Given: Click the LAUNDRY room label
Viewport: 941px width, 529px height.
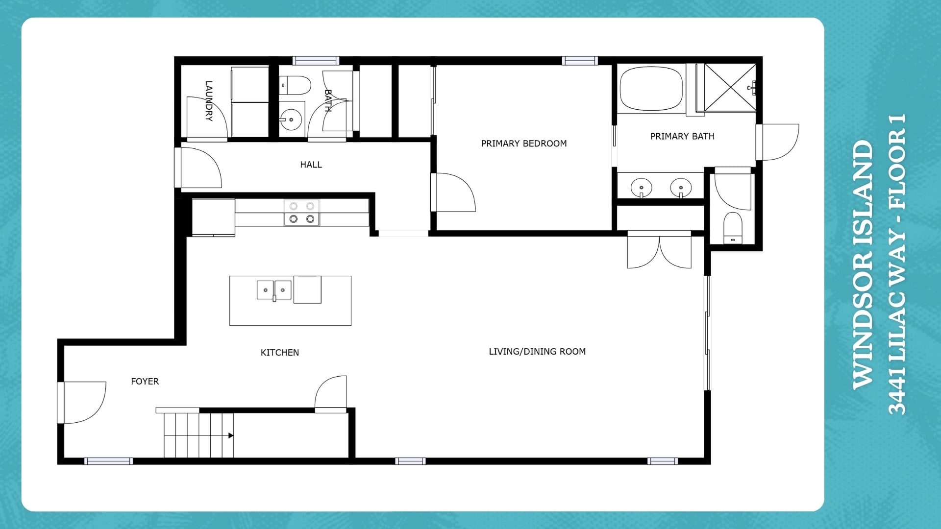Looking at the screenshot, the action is click(x=209, y=101).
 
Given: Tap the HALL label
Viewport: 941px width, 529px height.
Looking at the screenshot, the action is click(x=311, y=165).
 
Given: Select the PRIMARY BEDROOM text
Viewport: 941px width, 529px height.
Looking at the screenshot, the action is click(x=524, y=144).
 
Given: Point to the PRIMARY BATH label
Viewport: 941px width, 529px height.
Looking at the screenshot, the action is click(x=682, y=136).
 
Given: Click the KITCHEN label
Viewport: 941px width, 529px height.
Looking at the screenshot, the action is click(x=280, y=353).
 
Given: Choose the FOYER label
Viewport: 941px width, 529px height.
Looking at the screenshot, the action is click(x=145, y=382).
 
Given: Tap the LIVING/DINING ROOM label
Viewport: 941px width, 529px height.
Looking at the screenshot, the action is click(x=537, y=351).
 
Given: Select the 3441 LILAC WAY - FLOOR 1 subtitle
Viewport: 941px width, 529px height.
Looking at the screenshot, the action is click(x=897, y=264).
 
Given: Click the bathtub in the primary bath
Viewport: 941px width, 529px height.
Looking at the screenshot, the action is click(x=651, y=89).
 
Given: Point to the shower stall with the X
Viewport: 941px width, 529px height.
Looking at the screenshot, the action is click(x=730, y=87).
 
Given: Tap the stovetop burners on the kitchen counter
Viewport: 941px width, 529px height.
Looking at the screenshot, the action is click(x=302, y=213).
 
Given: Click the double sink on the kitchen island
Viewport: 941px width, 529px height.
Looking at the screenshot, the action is click(x=274, y=290).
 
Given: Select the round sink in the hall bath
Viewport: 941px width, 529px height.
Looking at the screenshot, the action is click(x=291, y=120).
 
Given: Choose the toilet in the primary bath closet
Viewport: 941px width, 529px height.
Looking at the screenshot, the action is click(x=733, y=228).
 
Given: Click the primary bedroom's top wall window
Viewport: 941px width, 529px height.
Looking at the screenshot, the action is click(x=580, y=61).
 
